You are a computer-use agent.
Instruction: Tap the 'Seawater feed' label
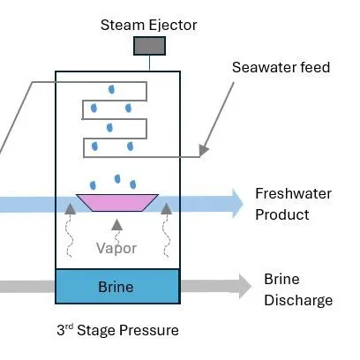pos(281,68)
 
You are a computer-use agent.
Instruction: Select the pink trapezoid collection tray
pos(116,202)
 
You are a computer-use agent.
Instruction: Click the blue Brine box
pos(117,287)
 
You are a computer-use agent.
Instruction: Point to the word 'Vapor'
pos(116,248)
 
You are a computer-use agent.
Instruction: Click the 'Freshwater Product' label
pos(282,204)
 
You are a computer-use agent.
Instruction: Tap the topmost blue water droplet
pos(111,88)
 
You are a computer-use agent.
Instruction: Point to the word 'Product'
pos(282,214)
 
